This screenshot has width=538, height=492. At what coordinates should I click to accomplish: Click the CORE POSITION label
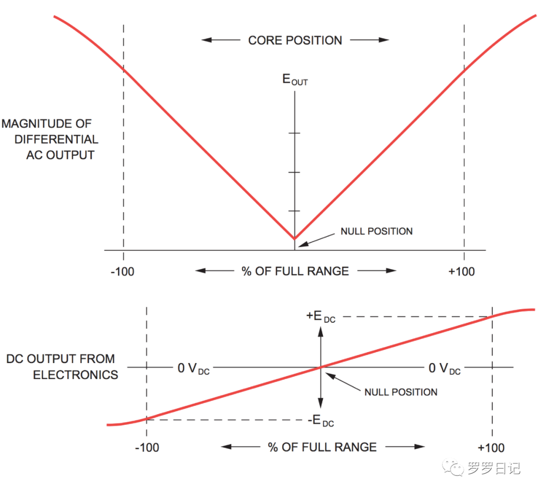tap(295, 40)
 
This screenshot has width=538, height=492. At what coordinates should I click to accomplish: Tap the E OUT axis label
tap(295, 80)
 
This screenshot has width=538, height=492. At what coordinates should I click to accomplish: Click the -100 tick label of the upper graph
tap(123, 271)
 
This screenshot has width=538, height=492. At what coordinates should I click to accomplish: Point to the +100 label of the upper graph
tap(461, 271)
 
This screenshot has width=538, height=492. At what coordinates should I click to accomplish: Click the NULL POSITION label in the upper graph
tap(376, 231)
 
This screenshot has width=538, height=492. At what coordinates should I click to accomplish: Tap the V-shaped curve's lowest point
tap(295, 239)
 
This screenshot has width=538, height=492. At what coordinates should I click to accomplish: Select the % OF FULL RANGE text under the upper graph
tap(295, 271)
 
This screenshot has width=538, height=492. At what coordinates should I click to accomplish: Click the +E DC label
tap(321, 316)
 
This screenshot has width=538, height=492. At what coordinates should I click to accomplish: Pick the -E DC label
tap(320, 421)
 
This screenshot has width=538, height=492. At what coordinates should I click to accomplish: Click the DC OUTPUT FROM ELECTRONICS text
tap(61, 367)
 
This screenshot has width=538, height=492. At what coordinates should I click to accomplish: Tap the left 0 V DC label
tap(193, 369)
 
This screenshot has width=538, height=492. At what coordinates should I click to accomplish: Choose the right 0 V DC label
tap(444, 369)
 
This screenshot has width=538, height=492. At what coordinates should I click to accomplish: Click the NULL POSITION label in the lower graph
tap(401, 392)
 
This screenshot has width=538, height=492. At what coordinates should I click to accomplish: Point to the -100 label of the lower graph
tap(147, 447)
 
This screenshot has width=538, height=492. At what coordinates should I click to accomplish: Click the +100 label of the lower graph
tap(491, 447)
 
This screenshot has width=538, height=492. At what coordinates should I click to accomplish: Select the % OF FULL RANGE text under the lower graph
tap(322, 447)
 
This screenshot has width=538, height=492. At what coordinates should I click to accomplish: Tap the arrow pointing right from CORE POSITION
tap(370, 40)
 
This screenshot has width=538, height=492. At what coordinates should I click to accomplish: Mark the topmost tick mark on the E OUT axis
tap(295, 133)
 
